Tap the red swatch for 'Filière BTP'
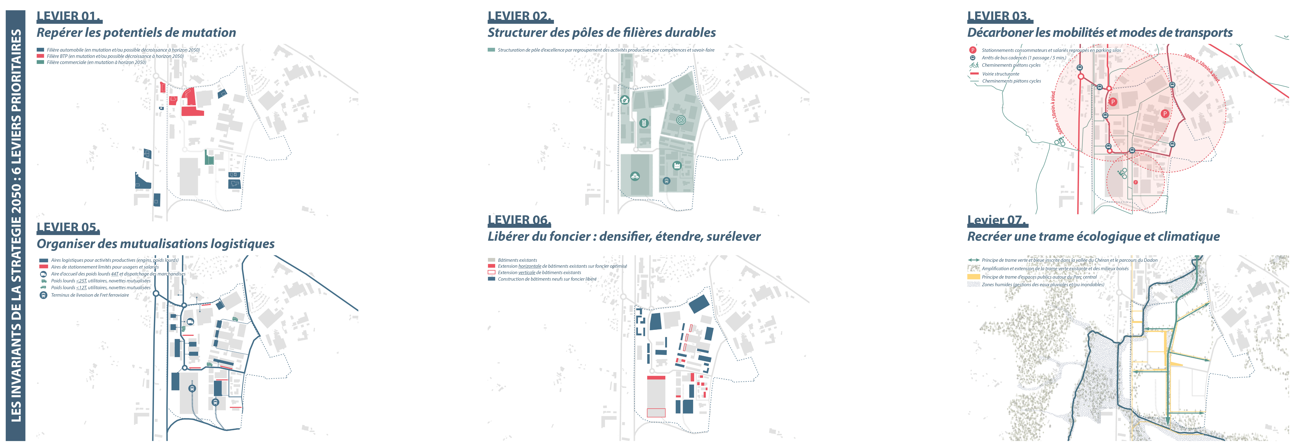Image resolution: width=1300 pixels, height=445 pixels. [x=40, y=56]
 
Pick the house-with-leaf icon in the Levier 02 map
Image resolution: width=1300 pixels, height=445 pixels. [x=625, y=100]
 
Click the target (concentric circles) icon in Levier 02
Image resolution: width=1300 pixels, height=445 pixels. [x=681, y=120]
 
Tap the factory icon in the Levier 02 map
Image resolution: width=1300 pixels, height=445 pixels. [x=677, y=165]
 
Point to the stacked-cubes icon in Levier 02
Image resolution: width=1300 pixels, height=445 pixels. [x=635, y=176]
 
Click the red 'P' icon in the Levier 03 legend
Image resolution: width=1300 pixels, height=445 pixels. [x=972, y=50]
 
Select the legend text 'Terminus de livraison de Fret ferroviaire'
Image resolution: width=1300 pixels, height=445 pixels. [x=90, y=295]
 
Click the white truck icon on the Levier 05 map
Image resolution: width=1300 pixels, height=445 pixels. [x=190, y=322]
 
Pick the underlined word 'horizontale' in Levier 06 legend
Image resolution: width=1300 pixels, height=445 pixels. [x=529, y=266]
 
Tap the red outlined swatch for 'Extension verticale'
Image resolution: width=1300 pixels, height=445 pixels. [x=491, y=272]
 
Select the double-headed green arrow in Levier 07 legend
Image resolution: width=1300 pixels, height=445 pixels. [x=973, y=260]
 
